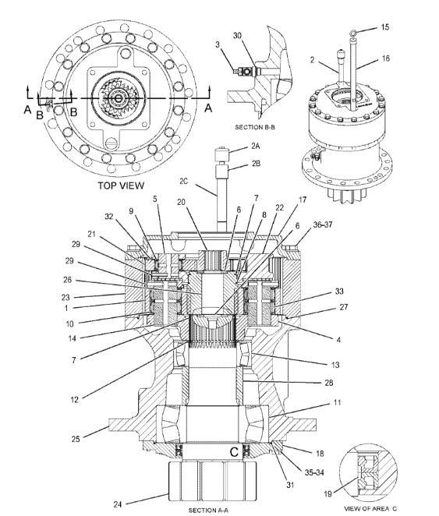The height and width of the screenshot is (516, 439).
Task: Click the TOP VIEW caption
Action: (x=121, y=186)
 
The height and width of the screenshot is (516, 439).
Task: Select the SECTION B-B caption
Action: (x=255, y=127)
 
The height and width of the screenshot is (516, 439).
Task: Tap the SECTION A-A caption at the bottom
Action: (x=208, y=510)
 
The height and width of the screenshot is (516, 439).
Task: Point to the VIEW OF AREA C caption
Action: (x=370, y=508)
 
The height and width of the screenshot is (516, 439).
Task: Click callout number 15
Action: (x=385, y=27)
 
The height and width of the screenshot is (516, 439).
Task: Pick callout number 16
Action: (x=386, y=58)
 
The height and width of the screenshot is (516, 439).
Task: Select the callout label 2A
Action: (x=256, y=146)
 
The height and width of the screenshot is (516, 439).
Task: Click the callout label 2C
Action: (x=183, y=181)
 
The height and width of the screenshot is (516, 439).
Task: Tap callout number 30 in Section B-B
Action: (x=237, y=35)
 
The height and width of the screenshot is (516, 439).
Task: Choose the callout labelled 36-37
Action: (x=323, y=224)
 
